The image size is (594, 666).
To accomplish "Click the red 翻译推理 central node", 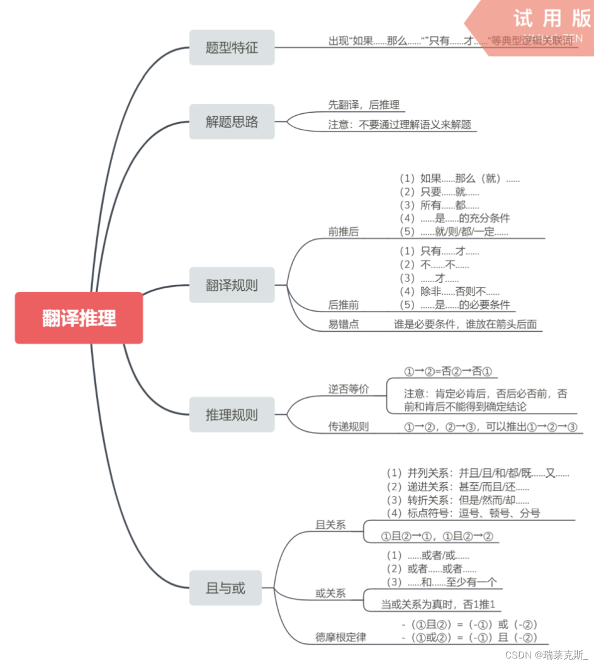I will pyautogui.click(x=79, y=318).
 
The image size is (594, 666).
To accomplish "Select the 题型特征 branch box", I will pyautogui.click(x=232, y=48).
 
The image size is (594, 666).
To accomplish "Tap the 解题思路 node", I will pyautogui.click(x=232, y=122).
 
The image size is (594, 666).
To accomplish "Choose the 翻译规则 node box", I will pyautogui.click(x=232, y=285).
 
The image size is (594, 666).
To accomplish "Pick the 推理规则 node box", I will pyautogui.click(x=232, y=415).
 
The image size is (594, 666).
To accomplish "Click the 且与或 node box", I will pyautogui.click(x=225, y=589).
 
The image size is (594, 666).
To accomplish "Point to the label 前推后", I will pyautogui.click(x=344, y=232).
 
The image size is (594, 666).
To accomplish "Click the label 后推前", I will pyautogui.click(x=344, y=305).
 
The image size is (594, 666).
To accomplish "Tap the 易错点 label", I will pyautogui.click(x=344, y=324).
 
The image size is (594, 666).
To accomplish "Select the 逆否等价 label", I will pyautogui.click(x=349, y=389).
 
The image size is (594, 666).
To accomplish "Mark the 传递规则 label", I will pyautogui.click(x=349, y=427).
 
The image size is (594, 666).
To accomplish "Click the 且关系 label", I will pyautogui.click(x=330, y=524).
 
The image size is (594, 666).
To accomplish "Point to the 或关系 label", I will pyautogui.click(x=330, y=594).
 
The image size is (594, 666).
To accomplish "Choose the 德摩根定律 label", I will pyautogui.click(x=340, y=637).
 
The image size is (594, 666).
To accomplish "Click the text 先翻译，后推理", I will pyautogui.click(x=364, y=105).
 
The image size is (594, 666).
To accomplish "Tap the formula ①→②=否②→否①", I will pyautogui.click(x=448, y=371).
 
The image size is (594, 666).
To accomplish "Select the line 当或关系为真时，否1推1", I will pyautogui.click(x=438, y=604).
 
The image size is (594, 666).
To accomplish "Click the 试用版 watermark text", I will pyautogui.click(x=552, y=18).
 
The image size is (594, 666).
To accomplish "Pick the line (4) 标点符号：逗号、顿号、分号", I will pyautogui.click(x=463, y=513).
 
